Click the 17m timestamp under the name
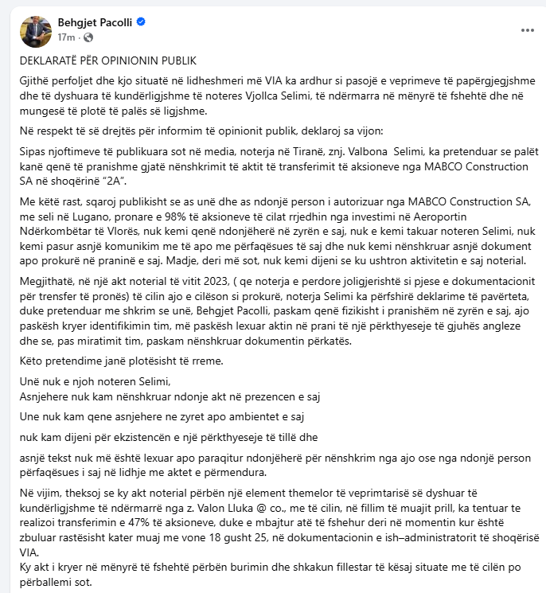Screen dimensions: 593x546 pos(65,37)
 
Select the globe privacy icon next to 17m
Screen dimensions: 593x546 pos(87,37)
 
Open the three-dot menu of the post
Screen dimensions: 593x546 pos(527,29)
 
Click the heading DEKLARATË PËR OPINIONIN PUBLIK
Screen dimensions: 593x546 pos(107,60)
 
